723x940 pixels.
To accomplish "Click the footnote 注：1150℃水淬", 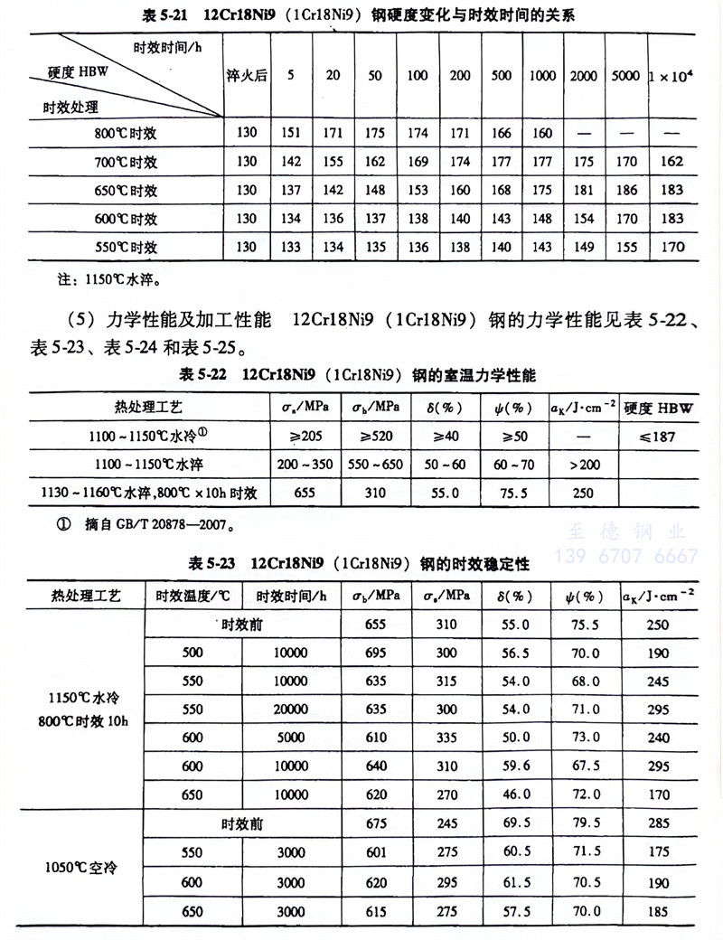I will click(x=101, y=279).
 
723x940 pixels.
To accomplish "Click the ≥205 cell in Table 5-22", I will click(x=297, y=437).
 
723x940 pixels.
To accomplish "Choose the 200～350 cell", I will click(x=297, y=465).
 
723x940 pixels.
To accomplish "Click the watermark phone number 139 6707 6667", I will click(x=631, y=556).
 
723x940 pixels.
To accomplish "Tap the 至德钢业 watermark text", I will click(x=631, y=533).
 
